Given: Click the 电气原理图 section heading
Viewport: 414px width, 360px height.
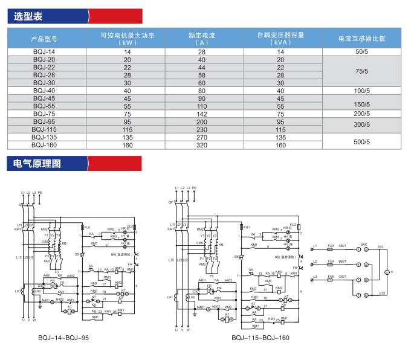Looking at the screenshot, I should click(34, 163).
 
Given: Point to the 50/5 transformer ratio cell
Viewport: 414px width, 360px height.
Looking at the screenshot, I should click(363, 53).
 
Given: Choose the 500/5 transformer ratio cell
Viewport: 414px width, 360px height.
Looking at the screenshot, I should click(363, 141).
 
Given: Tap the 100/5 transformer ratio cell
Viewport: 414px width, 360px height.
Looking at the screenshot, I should click(363, 91).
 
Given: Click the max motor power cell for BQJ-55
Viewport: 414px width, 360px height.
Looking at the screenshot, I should click(127, 106).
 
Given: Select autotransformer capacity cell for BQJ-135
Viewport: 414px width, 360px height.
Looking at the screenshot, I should click(280, 137).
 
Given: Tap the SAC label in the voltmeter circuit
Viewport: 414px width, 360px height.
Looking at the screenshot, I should click(364, 245).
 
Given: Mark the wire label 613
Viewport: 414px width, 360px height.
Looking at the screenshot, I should click(381, 294).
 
